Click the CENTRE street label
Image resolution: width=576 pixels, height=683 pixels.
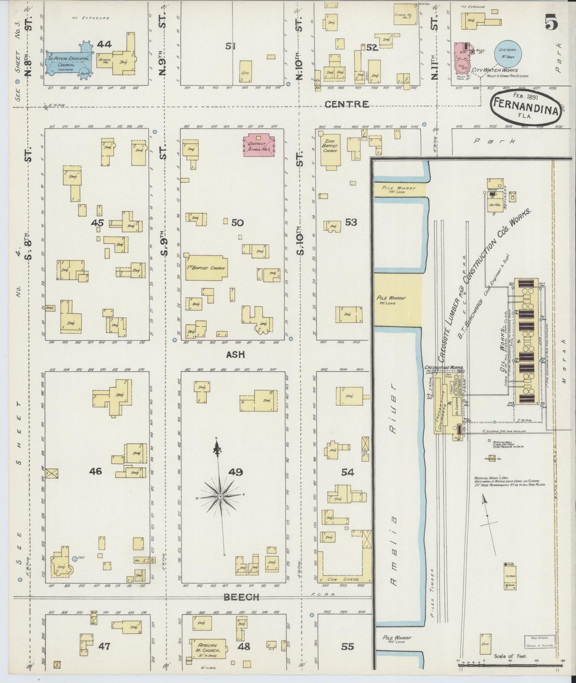[346, 104]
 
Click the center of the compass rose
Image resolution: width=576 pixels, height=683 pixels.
[220, 496]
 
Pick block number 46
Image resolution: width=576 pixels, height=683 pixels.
[96, 471]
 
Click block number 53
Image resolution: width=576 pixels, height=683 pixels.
[351, 222]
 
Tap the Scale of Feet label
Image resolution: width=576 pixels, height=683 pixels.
[511, 656]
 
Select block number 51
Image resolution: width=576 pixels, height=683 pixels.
[230, 46]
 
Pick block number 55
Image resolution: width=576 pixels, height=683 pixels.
[348, 646]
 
